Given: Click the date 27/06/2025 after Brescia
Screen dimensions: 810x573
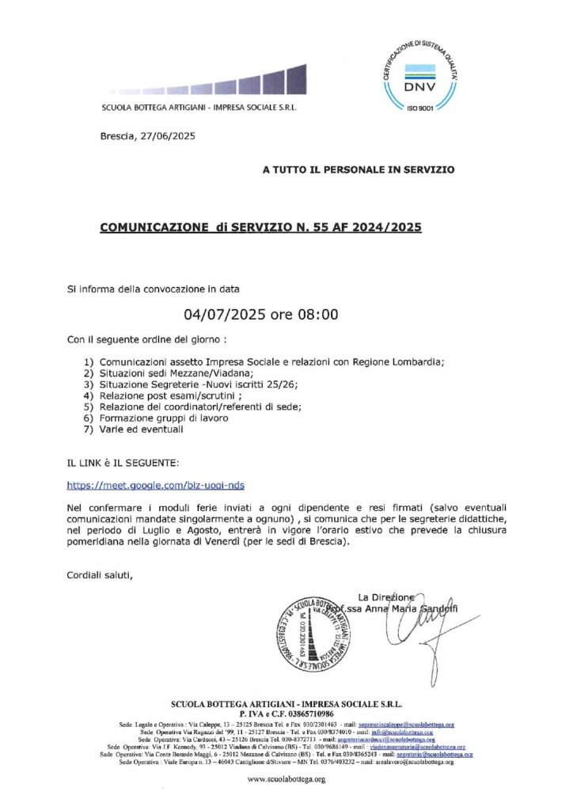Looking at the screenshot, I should (x=166, y=136).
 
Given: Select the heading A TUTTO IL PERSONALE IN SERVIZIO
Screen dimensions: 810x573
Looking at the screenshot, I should (x=359, y=169).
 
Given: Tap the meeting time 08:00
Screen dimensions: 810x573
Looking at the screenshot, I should (x=317, y=314).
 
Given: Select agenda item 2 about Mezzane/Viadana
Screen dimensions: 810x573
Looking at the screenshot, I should (x=169, y=373).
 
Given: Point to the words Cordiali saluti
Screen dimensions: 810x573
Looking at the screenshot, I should (x=101, y=574).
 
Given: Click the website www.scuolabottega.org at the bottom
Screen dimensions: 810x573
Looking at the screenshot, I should (x=286, y=779).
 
